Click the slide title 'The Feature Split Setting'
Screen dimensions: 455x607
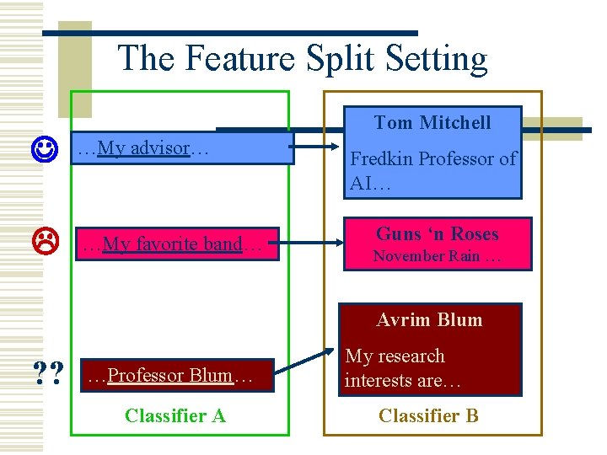click(x=303, y=59)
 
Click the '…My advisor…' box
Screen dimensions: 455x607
click(x=181, y=148)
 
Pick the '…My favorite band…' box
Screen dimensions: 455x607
click(x=177, y=244)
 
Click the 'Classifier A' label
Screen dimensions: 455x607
click(x=175, y=415)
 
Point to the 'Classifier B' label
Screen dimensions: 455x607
click(x=428, y=415)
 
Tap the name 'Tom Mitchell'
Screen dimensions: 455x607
click(x=432, y=123)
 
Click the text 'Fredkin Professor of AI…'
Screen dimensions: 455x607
click(x=432, y=171)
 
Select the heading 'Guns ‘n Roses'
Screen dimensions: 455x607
click(x=437, y=234)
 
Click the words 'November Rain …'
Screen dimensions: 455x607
click(x=437, y=256)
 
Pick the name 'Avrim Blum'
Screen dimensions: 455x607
click(x=429, y=320)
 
